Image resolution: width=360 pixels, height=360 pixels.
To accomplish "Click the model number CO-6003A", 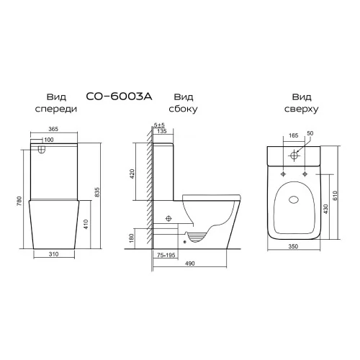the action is (x=119, y=96).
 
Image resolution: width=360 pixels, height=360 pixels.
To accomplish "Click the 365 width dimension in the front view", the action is (x=53, y=129).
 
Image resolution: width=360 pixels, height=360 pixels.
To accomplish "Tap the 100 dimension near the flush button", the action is (x=49, y=140).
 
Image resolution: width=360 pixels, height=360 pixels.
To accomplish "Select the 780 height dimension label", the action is (x=19, y=201).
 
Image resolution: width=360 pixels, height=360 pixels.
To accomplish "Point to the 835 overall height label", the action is (x=97, y=192).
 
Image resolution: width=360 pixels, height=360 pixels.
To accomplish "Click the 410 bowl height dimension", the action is (x=86, y=224).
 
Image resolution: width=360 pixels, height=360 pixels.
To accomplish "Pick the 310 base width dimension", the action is (x=53, y=254).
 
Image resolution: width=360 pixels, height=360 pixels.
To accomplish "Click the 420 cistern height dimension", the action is (x=132, y=174).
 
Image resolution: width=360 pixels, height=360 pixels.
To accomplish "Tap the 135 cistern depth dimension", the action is (x=162, y=131).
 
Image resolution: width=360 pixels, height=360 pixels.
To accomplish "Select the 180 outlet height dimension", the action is (x=131, y=238).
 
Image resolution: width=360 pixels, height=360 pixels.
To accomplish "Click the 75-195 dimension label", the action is (x=166, y=255).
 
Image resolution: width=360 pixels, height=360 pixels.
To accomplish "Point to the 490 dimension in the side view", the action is (x=190, y=264).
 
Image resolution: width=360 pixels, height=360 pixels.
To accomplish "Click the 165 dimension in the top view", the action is (x=293, y=135).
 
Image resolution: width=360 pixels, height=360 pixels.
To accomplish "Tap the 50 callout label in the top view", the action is (x=310, y=133).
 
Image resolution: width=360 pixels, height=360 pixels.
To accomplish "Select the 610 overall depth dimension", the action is (x=336, y=196).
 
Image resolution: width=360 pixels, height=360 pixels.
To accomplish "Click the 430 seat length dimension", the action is (x=325, y=209).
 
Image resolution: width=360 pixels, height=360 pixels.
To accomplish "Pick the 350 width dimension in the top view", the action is (x=293, y=246).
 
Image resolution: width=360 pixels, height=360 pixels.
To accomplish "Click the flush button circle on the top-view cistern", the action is (x=294, y=155).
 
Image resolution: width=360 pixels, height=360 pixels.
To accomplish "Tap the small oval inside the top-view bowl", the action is (x=294, y=199).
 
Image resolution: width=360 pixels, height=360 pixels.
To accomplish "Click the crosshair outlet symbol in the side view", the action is (x=168, y=218).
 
